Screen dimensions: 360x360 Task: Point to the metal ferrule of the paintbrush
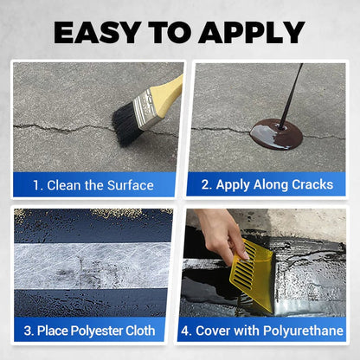click(147, 107)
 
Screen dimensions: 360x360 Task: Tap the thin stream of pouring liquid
click(293, 91)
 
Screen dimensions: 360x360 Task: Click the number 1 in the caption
click(37, 185)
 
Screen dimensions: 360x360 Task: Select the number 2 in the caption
click(205, 185)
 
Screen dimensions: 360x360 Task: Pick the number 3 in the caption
click(28, 331)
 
